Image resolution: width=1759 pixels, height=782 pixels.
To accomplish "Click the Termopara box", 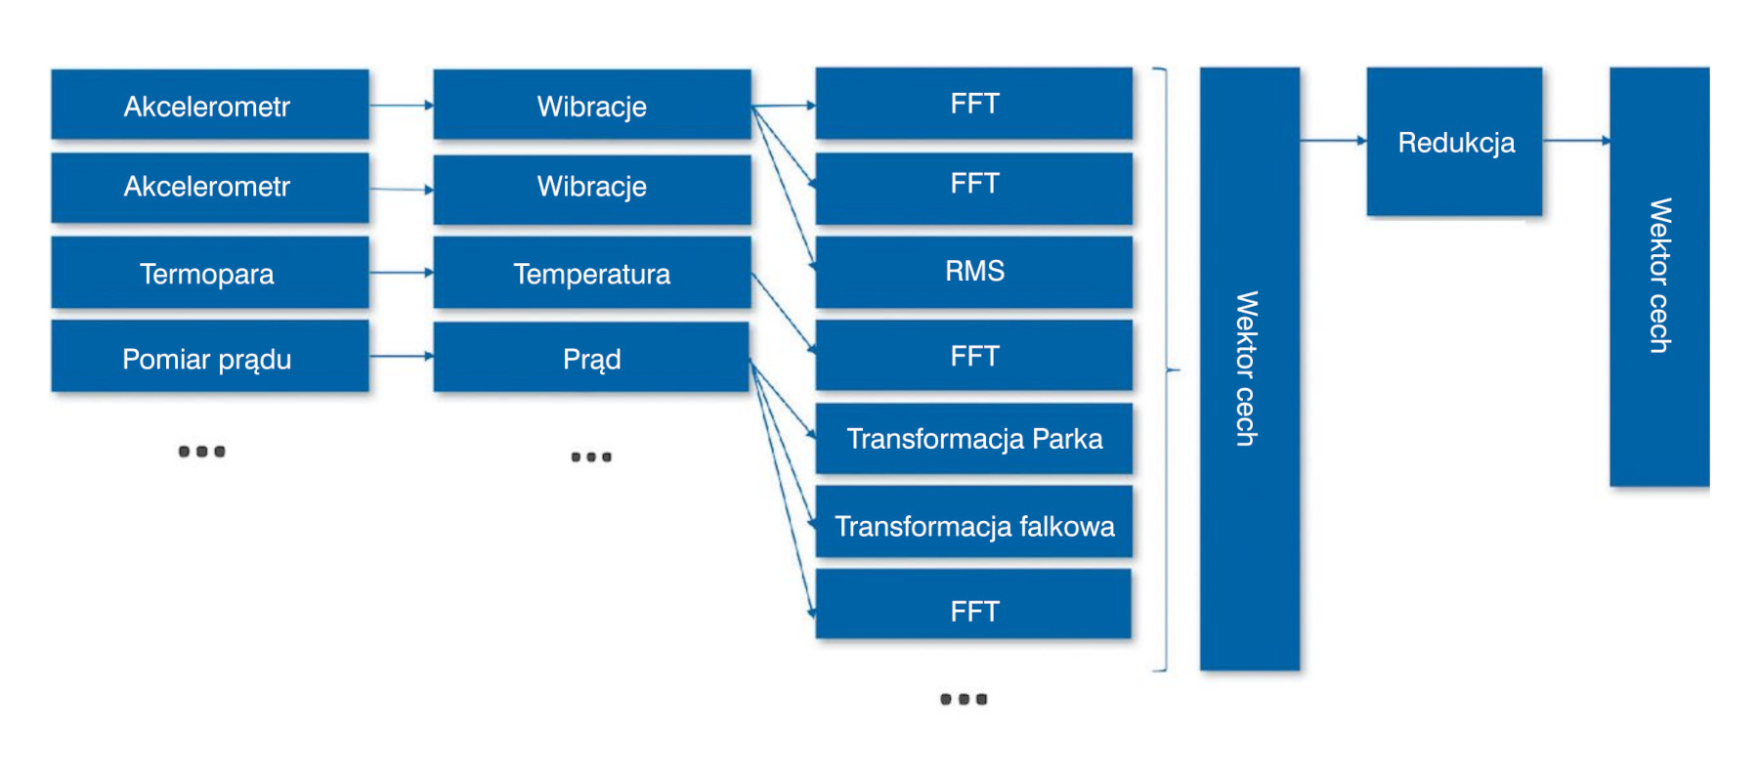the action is pos(210,273).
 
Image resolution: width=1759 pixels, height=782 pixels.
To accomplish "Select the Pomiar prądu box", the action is pos(210,357).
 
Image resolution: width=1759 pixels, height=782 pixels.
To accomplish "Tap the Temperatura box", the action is pos(592,273).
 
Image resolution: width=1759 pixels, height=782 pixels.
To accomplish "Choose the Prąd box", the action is pos(591,358).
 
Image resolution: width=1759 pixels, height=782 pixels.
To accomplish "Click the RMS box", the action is pos(974,272).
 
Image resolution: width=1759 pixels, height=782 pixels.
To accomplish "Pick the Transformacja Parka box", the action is pos(974,439).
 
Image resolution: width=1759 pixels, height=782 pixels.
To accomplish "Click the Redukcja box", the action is pos(1454,142).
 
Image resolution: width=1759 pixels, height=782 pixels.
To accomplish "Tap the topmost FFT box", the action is pos(974,104).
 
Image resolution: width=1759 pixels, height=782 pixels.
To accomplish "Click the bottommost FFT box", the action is pos(973,605).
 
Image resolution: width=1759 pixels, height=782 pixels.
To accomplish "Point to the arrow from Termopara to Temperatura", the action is pos(402,273).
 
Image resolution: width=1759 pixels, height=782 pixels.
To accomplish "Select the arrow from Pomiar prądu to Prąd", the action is pos(402,357).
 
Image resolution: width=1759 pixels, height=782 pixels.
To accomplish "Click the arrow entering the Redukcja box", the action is pos(1334,141).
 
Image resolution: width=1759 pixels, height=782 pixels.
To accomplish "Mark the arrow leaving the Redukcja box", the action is pos(1576,141).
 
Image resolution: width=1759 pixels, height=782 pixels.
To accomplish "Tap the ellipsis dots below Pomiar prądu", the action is pos(202,452).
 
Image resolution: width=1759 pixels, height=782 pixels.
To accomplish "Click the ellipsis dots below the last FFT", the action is pos(964,699).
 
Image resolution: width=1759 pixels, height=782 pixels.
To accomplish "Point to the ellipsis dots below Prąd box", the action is pos(591,456).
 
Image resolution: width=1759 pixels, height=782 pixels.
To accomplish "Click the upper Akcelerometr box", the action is pos(210,105).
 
